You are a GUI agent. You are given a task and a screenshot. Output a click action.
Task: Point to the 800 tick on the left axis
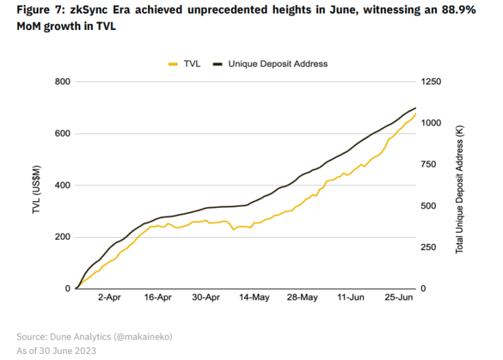62,82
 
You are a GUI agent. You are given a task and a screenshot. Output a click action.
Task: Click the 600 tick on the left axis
62,133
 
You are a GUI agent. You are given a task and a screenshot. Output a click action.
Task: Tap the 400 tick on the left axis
62,185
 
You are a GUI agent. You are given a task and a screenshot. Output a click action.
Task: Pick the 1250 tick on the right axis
432,82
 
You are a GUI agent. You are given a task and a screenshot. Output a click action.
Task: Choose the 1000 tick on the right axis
432,123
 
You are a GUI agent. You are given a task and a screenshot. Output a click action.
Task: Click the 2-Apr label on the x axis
109,298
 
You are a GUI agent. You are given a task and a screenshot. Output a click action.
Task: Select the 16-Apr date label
157,298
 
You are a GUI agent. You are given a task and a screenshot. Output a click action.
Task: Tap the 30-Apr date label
206,298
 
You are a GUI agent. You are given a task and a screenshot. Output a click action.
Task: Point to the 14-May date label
254,298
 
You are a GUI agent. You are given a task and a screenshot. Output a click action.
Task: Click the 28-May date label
302,298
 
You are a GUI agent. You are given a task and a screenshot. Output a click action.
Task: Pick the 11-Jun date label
350,298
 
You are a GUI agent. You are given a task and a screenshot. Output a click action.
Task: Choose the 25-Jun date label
398,298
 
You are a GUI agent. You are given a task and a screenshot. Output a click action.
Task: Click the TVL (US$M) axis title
37,185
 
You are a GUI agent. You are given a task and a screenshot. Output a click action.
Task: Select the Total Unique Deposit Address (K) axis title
460,185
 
